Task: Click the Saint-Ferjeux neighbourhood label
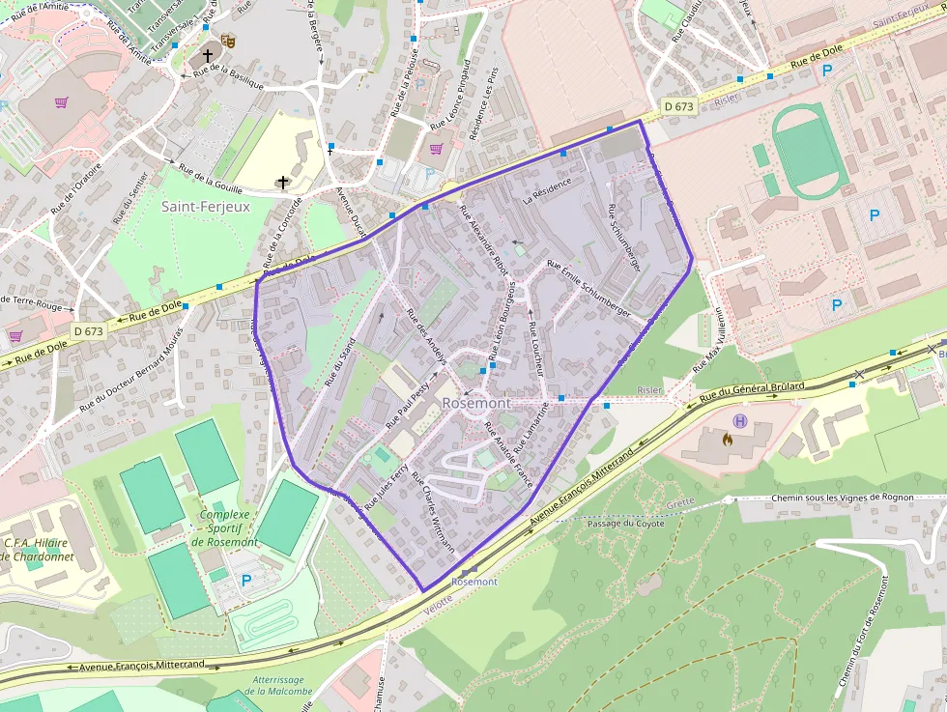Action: point(205,207)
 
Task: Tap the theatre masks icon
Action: point(228,41)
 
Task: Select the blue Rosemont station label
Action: point(474,582)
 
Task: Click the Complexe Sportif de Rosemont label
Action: point(224,528)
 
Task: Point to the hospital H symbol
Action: point(741,420)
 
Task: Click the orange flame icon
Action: point(727,438)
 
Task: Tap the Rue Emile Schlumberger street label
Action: point(588,289)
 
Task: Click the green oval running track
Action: point(810,150)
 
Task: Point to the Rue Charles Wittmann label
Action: point(433,511)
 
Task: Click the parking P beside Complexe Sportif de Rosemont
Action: point(246,581)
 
